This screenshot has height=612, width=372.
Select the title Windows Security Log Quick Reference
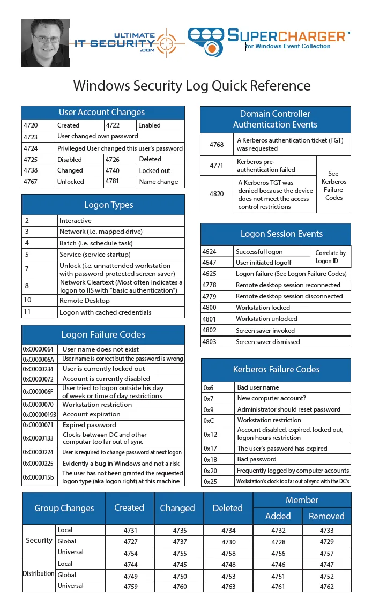191,86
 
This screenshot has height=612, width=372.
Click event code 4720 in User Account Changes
31,125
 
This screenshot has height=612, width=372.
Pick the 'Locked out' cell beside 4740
154,170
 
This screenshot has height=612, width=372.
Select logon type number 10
28,301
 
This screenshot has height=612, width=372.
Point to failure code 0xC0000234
38,369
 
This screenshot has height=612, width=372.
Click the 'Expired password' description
89,424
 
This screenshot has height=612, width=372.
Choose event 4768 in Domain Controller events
217,144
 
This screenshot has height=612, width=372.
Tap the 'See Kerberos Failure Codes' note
333,185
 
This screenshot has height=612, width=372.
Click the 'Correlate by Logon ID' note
330,257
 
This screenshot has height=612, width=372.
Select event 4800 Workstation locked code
209,308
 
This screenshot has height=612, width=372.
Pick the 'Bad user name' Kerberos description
258,387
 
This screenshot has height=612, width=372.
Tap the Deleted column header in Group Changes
228,508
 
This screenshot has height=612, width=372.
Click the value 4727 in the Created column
130,542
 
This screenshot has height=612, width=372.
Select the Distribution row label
39,573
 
